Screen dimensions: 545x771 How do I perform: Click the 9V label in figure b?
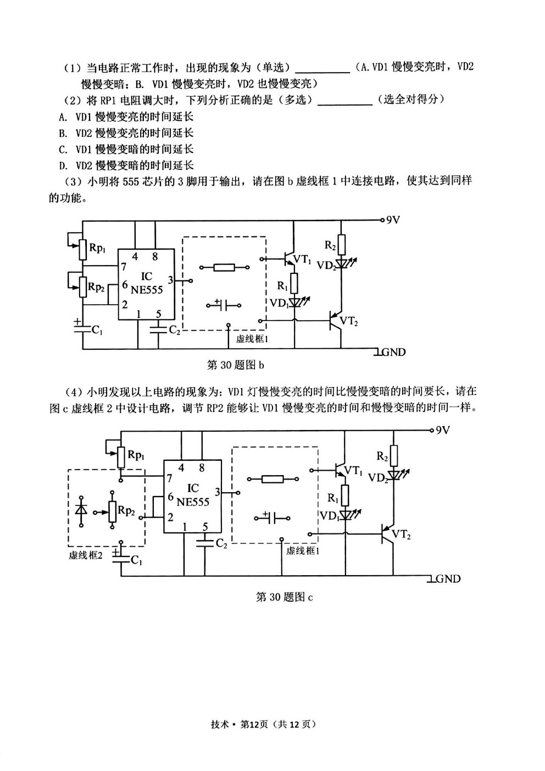click(393, 220)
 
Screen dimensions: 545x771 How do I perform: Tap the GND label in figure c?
click(448, 579)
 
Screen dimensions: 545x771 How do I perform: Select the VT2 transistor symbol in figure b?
click(336, 321)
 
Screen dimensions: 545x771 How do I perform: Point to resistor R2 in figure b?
click(341, 245)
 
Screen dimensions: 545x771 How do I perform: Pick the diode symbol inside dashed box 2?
click(81, 511)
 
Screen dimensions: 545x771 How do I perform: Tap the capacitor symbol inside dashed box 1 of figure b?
click(224, 305)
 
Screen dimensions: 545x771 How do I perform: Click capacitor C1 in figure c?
click(121, 560)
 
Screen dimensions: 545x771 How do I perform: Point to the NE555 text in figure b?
click(147, 290)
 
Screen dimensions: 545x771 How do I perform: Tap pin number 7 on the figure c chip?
click(169, 478)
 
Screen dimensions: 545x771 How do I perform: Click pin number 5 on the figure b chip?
click(159, 313)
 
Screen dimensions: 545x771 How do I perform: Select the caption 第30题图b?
click(236, 365)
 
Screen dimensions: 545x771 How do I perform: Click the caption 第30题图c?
click(285, 597)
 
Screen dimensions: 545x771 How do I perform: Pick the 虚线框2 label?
click(86, 555)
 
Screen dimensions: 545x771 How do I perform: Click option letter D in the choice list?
click(63, 166)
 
